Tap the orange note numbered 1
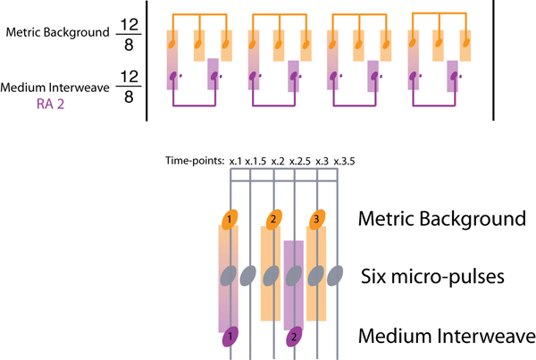click(x=230, y=219)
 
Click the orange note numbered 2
click(x=273, y=219)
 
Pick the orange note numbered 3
click(x=315, y=219)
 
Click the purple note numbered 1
click(x=230, y=337)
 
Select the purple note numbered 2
click(x=295, y=337)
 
